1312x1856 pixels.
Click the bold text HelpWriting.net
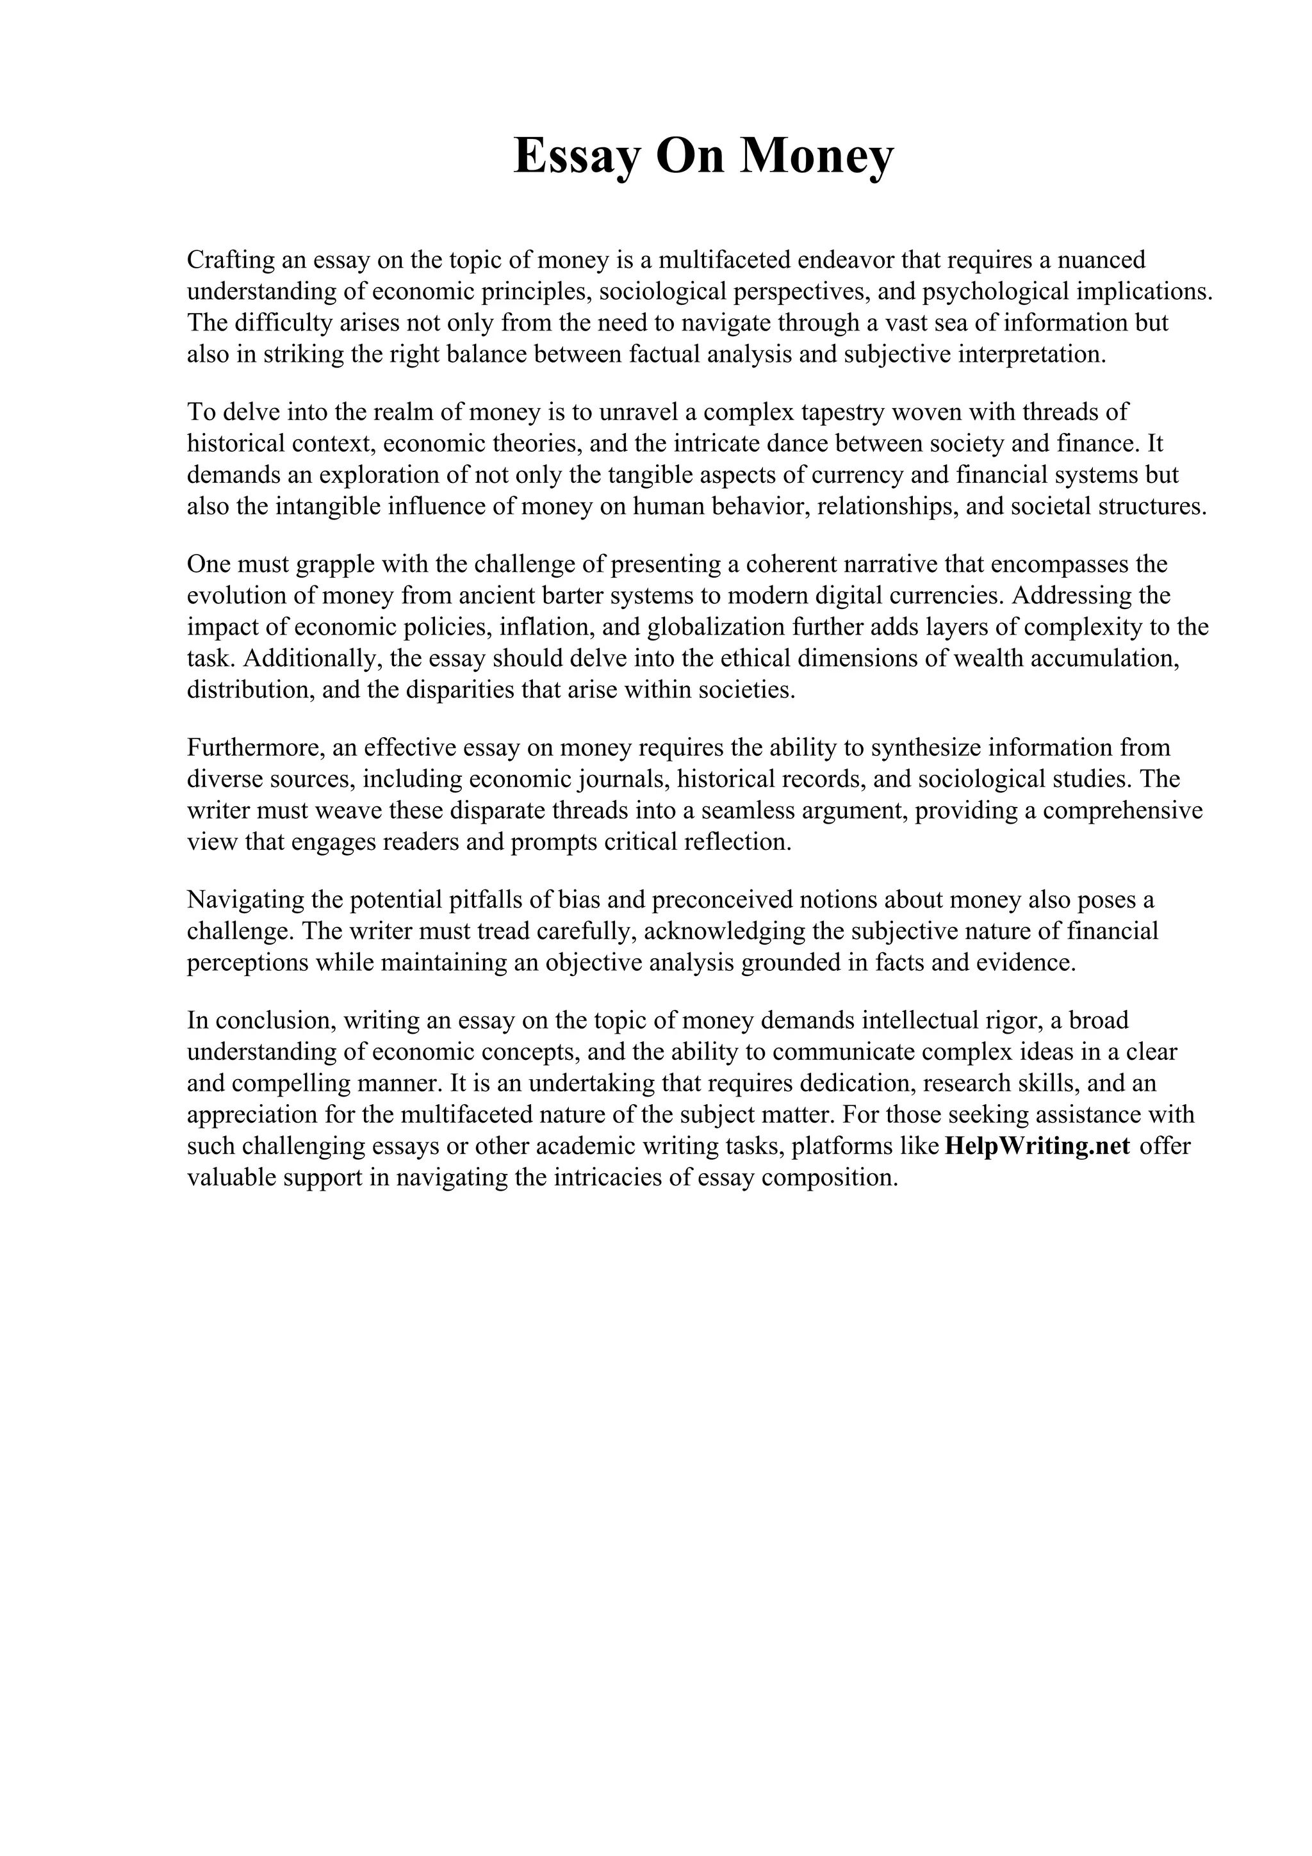click(1037, 1146)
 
